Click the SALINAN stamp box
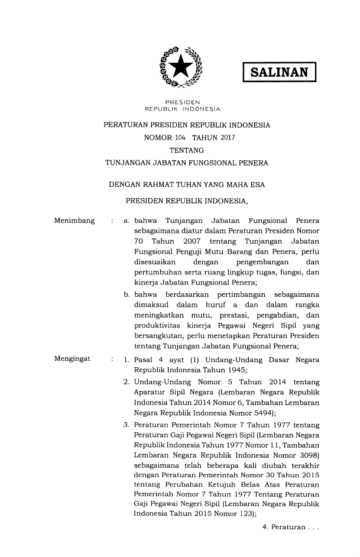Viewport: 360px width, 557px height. click(x=280, y=73)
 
